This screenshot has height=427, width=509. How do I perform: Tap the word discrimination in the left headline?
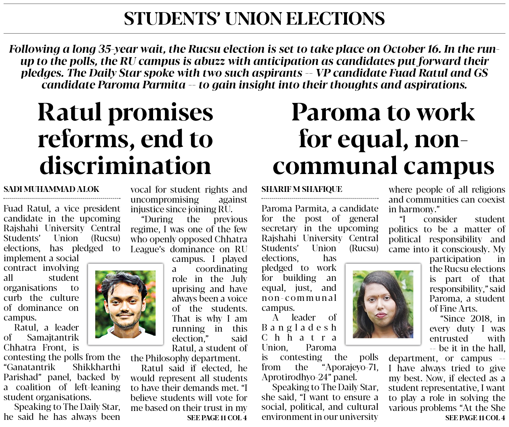[125, 165]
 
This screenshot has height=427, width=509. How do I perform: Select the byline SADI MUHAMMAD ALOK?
[52, 189]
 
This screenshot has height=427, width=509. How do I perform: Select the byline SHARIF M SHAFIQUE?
[302, 189]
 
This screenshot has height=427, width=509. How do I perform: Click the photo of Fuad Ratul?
[125, 304]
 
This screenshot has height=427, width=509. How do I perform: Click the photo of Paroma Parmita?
[383, 304]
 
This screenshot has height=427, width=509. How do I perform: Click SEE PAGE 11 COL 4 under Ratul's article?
[217, 418]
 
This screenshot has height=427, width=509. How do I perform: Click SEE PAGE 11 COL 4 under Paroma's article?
[475, 418]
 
